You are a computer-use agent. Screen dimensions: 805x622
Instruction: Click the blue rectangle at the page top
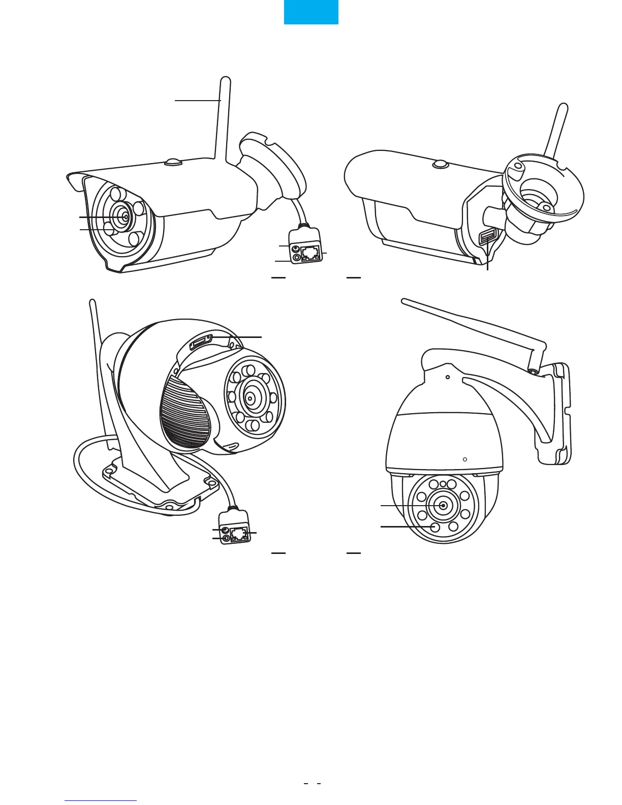click(x=310, y=12)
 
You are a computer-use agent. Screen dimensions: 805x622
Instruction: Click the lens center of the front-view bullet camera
click(x=125, y=215)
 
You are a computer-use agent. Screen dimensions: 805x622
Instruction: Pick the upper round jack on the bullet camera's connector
click(x=295, y=249)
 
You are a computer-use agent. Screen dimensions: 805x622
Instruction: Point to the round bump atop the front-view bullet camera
click(x=173, y=162)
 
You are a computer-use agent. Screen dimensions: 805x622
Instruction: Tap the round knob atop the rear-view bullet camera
click(x=439, y=164)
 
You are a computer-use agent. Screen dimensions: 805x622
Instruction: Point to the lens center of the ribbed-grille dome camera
click(x=250, y=398)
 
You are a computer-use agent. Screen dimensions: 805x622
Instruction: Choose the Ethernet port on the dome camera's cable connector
click(x=238, y=534)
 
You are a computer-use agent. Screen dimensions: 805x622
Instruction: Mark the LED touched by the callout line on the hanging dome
click(x=434, y=527)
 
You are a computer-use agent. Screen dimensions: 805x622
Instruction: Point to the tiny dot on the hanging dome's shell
click(x=465, y=458)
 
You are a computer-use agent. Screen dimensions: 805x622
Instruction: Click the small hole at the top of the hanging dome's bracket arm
click(x=447, y=377)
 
